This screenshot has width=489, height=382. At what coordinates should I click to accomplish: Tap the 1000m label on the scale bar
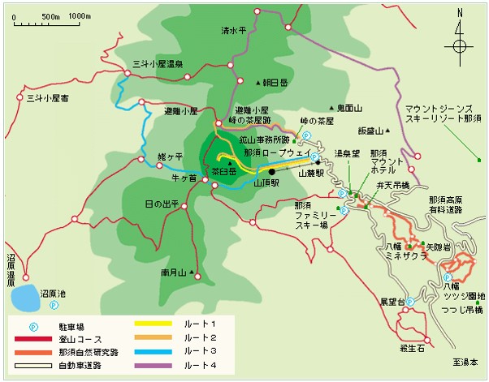(80, 16)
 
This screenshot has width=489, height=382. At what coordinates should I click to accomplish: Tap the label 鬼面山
(348, 106)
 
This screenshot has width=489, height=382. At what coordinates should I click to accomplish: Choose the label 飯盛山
(370, 130)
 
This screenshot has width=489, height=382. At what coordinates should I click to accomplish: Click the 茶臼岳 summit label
(223, 172)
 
